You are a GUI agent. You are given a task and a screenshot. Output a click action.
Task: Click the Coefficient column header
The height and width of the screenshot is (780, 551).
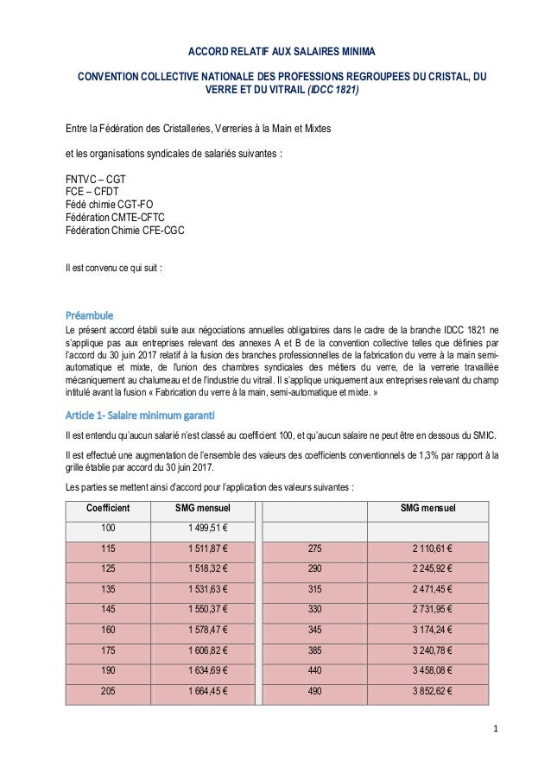108,507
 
